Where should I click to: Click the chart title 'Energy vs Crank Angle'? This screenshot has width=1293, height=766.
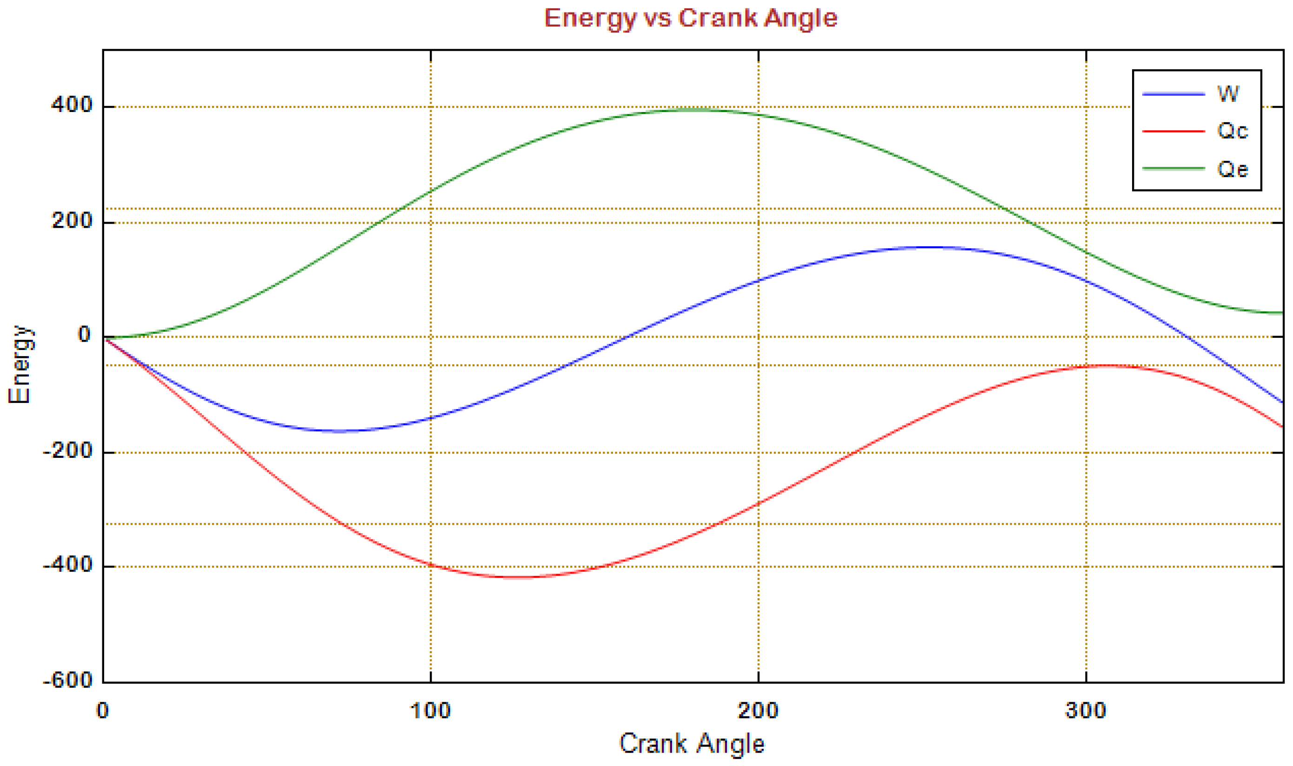690,19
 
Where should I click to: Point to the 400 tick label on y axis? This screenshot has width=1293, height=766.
72,106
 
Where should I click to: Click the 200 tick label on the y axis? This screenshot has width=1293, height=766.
72,221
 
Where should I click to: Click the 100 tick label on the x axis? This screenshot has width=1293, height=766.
430,711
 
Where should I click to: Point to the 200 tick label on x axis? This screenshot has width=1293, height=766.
758,711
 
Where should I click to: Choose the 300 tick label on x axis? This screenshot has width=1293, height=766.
1086,711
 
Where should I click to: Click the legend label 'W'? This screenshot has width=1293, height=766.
1228,94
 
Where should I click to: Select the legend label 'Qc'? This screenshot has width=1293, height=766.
1232,131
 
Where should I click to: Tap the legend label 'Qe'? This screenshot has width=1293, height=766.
1232,169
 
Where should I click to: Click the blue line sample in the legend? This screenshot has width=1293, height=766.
1173,94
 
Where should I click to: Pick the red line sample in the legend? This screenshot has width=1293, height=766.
1173,131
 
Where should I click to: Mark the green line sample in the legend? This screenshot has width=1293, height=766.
1173,168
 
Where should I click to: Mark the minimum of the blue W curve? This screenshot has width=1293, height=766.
338,430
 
